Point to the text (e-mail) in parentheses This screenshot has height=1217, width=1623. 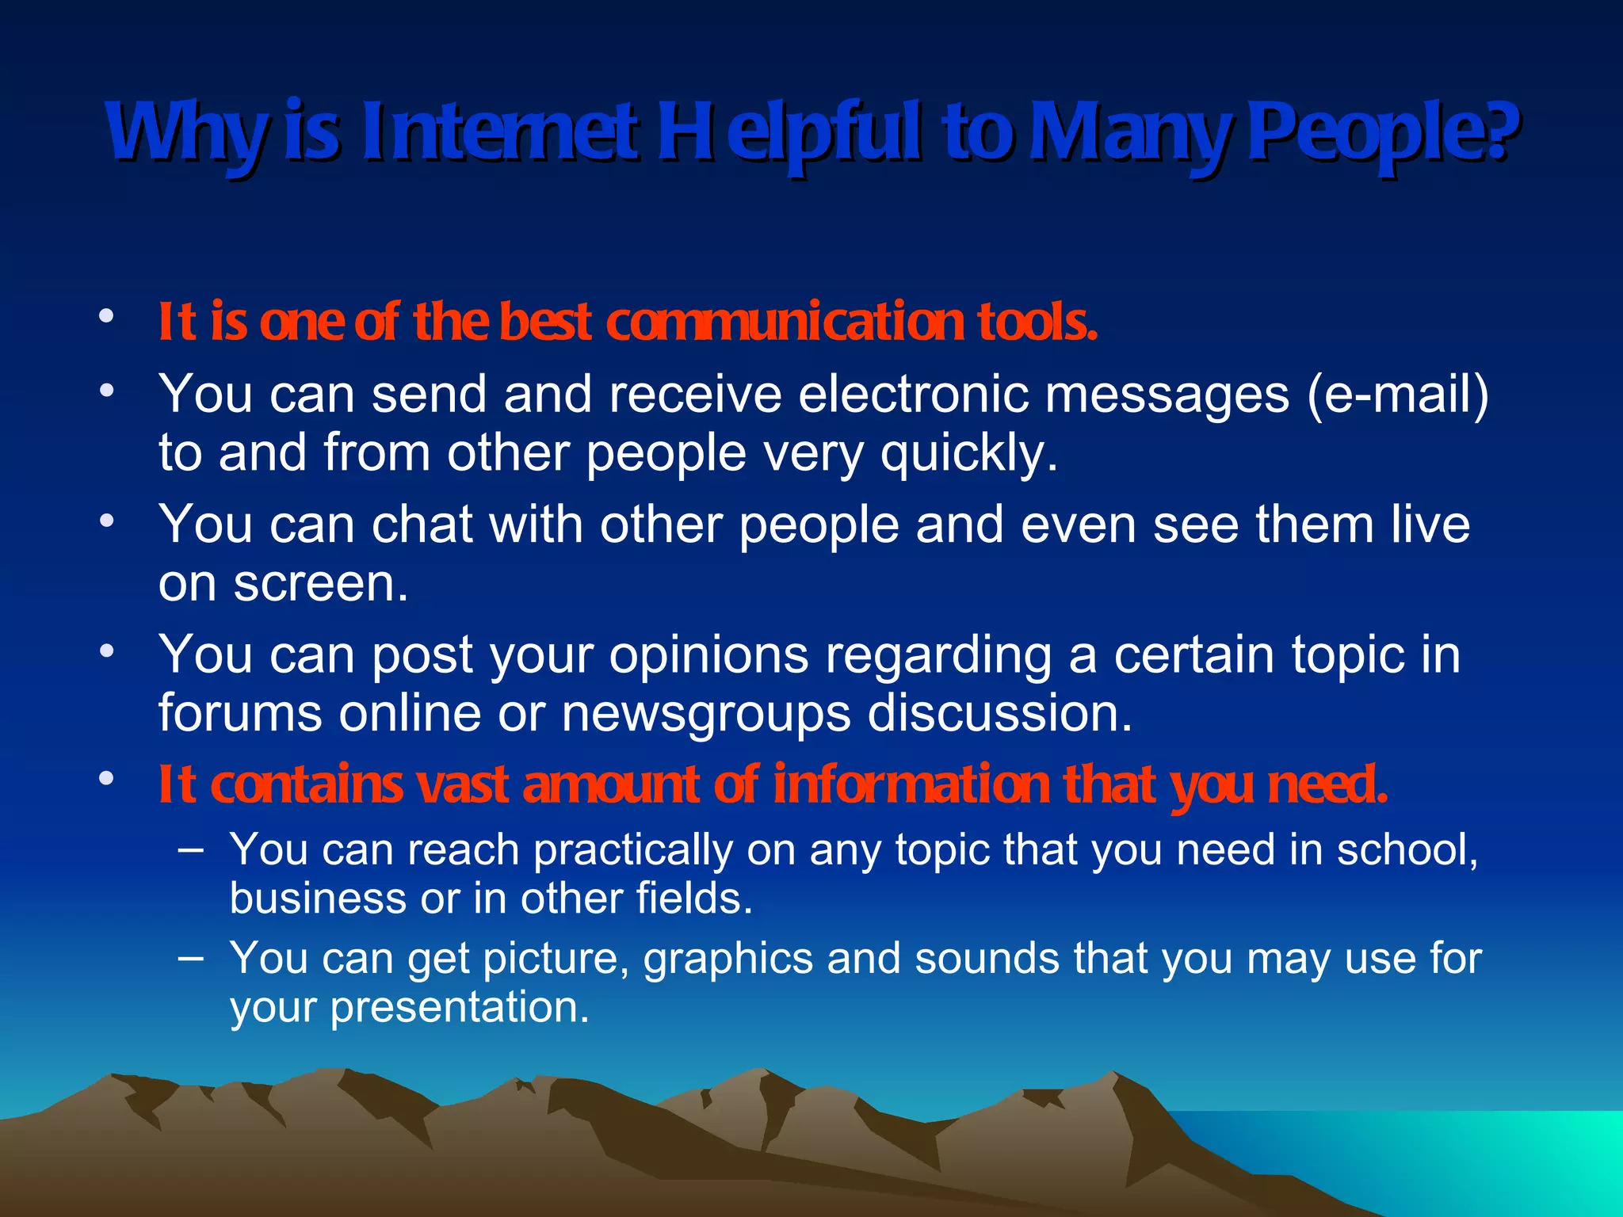(x=1398, y=394)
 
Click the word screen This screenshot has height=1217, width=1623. (x=320, y=584)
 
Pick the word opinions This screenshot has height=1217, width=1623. (x=708, y=656)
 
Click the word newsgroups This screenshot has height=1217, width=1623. (x=705, y=714)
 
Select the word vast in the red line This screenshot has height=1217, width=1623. (x=462, y=784)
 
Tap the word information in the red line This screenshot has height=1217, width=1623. (x=911, y=784)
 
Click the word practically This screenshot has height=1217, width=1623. (x=632, y=851)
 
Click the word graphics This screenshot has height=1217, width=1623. (x=727, y=959)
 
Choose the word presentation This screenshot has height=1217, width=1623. (x=459, y=1008)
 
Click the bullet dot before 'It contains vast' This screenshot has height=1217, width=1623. (x=106, y=778)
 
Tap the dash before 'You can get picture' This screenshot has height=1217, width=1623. (x=190, y=958)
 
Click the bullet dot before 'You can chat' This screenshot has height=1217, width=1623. (x=106, y=521)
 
